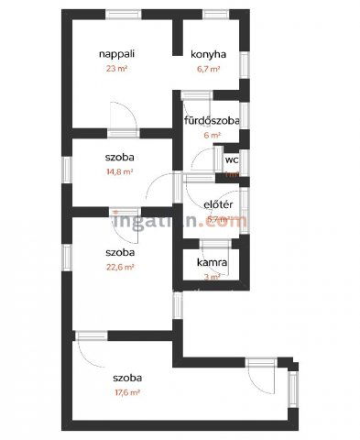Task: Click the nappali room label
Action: pos(116,55)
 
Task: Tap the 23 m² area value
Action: pos(116,69)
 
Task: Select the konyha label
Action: pos(207,55)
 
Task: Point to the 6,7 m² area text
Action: pos(207,69)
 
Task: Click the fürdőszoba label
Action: pos(212,120)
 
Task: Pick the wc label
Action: pos(232,159)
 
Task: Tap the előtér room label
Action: pos(216,206)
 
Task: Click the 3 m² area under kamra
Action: pos(212,276)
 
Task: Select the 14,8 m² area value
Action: pos(120,171)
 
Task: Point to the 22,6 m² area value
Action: pos(120,268)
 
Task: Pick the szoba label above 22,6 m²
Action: pos(120,253)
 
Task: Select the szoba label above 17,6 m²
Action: pos(127,377)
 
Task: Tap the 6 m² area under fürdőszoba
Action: pos(213,135)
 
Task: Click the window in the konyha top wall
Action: pos(210,14)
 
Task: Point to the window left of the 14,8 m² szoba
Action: pos(63,168)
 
